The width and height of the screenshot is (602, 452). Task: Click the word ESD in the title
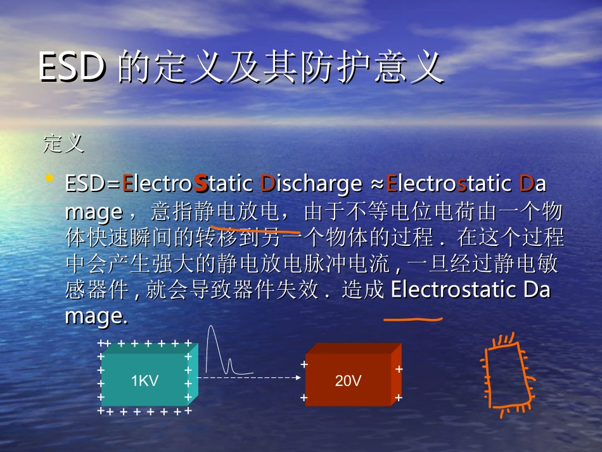[72, 67]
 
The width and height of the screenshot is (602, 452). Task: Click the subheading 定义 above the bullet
[63, 143]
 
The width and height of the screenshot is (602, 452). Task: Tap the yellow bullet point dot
[49, 179]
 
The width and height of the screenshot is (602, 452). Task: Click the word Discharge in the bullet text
[311, 184]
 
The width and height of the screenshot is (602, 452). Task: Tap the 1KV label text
[144, 381]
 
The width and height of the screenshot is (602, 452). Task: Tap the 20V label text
[348, 381]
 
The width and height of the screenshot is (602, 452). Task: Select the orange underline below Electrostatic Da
[413, 320]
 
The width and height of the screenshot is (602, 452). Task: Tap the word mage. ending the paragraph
[96, 316]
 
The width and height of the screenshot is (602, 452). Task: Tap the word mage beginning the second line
[94, 211]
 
